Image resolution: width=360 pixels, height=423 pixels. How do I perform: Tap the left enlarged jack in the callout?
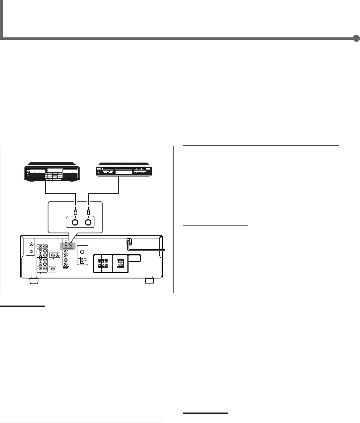(x=75, y=222)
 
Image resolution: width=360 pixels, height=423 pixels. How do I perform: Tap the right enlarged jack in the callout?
(x=88, y=222)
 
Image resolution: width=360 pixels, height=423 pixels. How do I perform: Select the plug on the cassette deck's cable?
(x=75, y=210)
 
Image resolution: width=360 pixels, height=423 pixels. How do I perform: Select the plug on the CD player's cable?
(x=88, y=210)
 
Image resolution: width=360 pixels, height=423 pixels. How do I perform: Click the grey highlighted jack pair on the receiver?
(x=68, y=246)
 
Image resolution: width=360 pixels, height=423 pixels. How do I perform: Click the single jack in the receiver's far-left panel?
(x=31, y=245)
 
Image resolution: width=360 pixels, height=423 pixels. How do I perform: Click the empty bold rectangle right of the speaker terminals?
(x=134, y=258)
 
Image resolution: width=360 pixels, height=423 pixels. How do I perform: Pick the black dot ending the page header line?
(x=356, y=38)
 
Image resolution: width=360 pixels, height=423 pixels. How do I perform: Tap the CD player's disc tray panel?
(x=124, y=169)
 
